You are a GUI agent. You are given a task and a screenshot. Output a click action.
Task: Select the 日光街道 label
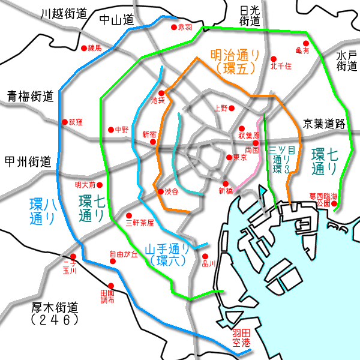coord(250,16)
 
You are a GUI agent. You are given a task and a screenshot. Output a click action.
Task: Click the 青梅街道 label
coord(31,96)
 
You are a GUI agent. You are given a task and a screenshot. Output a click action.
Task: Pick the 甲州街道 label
coord(28,161)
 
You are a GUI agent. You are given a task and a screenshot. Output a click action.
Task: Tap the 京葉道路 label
coord(325,124)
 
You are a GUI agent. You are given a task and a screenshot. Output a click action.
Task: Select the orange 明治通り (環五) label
coord(235,62)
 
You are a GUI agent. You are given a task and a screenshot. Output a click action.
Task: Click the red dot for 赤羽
coord(174,28)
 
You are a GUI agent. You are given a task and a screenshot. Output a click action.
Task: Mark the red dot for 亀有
coord(305,43)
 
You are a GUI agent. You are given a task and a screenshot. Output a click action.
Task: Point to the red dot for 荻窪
coord(65,122)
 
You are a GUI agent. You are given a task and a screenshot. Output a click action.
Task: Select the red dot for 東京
coord(229,157)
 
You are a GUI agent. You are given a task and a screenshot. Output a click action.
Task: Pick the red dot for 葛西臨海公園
coord(335,208)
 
